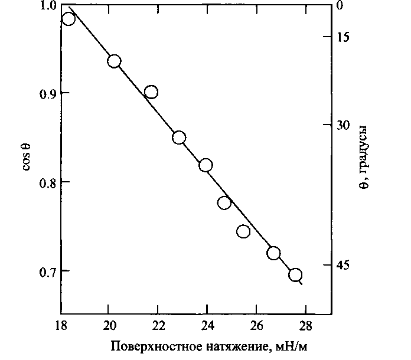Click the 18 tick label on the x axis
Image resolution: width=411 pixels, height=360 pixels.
(x=60, y=325)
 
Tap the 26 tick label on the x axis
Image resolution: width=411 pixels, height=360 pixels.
(x=256, y=325)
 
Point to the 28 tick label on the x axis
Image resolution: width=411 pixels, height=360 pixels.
(x=305, y=325)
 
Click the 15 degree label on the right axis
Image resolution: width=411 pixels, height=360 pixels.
(x=343, y=37)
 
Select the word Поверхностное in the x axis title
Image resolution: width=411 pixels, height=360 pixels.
(x=148, y=345)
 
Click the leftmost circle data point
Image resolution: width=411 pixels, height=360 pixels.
(x=68, y=19)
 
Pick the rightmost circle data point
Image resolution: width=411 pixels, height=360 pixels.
(x=295, y=275)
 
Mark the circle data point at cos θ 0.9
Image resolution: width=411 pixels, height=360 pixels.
(x=151, y=92)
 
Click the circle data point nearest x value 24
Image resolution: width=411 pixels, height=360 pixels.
(x=206, y=165)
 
